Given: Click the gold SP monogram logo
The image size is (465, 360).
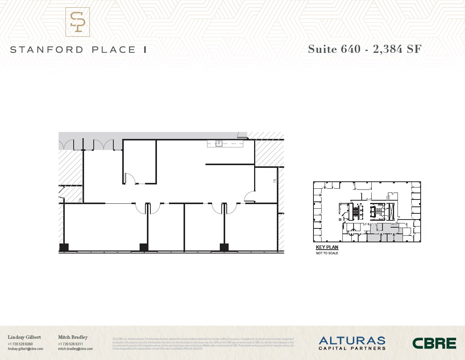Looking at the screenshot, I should tap(77, 22).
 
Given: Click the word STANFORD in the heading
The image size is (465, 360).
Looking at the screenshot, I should tap(47, 50).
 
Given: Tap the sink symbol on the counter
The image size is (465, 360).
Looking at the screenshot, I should tap(219, 144).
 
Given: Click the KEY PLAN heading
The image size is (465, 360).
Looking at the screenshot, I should tap(327, 247).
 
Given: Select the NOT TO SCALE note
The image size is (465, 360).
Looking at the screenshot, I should tap(327, 253).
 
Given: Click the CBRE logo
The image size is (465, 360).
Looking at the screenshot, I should tap(434, 343).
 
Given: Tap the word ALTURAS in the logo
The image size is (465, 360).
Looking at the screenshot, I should tap(352, 340).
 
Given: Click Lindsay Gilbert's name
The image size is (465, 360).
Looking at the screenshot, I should tap(24, 337).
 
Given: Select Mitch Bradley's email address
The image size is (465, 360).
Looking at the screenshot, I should tap(75, 349).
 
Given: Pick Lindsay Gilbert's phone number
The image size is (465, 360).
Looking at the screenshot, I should tap(20, 344).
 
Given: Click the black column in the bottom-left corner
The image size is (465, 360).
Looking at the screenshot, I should tap(64, 247).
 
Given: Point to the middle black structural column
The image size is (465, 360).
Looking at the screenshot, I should tap(144, 247).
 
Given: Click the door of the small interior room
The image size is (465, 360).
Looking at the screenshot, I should tap(130, 178).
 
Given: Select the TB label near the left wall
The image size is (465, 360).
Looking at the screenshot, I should tap(80, 200).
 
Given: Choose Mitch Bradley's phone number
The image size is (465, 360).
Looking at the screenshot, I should tap(71, 344).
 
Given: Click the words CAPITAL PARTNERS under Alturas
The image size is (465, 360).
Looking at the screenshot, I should tap(352, 348).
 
